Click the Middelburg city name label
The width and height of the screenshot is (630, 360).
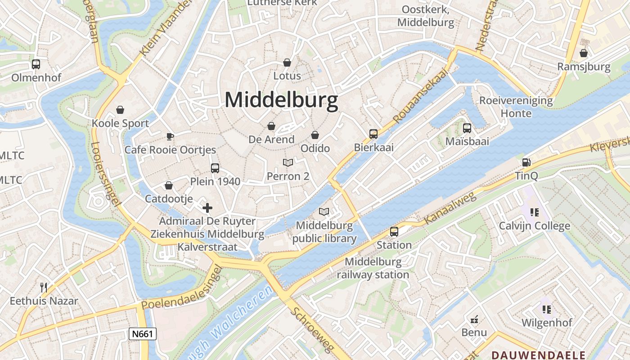click(281, 100)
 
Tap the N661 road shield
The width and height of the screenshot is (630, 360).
click(143, 333)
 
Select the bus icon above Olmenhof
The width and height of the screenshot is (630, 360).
click(36, 64)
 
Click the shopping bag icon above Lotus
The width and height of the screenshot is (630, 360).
click(287, 63)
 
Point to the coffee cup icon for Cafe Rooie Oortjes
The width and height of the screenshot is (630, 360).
click(170, 136)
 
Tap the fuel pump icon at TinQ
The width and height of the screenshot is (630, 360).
click(526, 162)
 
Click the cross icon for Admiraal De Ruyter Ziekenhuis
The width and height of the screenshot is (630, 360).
click(207, 208)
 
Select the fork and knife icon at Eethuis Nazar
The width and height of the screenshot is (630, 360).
click(44, 288)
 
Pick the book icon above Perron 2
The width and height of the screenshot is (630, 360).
click(288, 162)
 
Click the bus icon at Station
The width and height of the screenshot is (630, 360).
click(394, 232)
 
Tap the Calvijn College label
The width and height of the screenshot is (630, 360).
click(534, 226)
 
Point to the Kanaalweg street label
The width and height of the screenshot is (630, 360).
click(450, 209)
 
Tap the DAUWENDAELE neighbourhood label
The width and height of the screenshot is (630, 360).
click(538, 355)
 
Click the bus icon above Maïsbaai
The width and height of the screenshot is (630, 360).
click(467, 128)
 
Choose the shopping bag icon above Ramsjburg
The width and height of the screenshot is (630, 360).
click(584, 53)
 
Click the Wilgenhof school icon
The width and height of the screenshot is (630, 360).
click(547, 309)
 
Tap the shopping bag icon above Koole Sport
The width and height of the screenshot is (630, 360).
click(120, 110)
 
